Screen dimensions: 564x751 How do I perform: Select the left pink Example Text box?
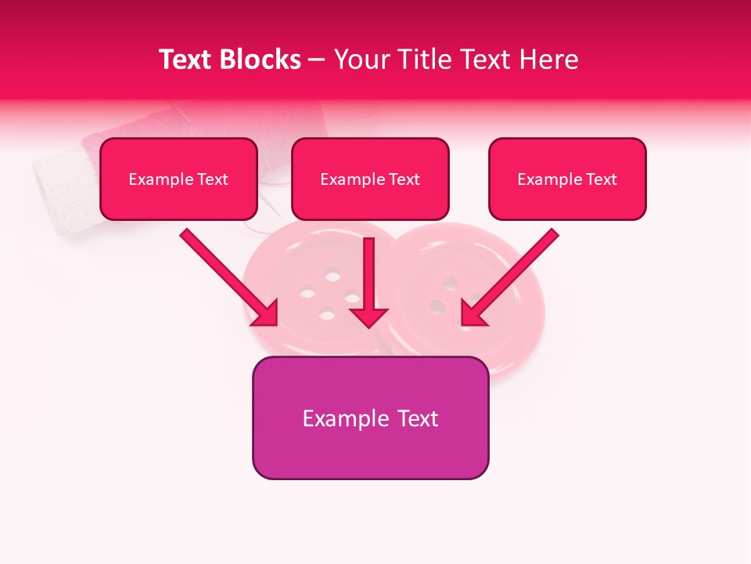click(178, 179)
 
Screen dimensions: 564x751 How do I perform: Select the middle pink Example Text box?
click(370, 179)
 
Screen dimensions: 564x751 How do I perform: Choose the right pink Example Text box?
click(567, 179)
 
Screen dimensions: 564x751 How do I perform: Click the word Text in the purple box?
click(419, 418)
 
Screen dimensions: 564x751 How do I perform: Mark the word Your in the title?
click(358, 60)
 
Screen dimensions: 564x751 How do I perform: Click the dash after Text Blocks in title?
click(317, 60)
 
